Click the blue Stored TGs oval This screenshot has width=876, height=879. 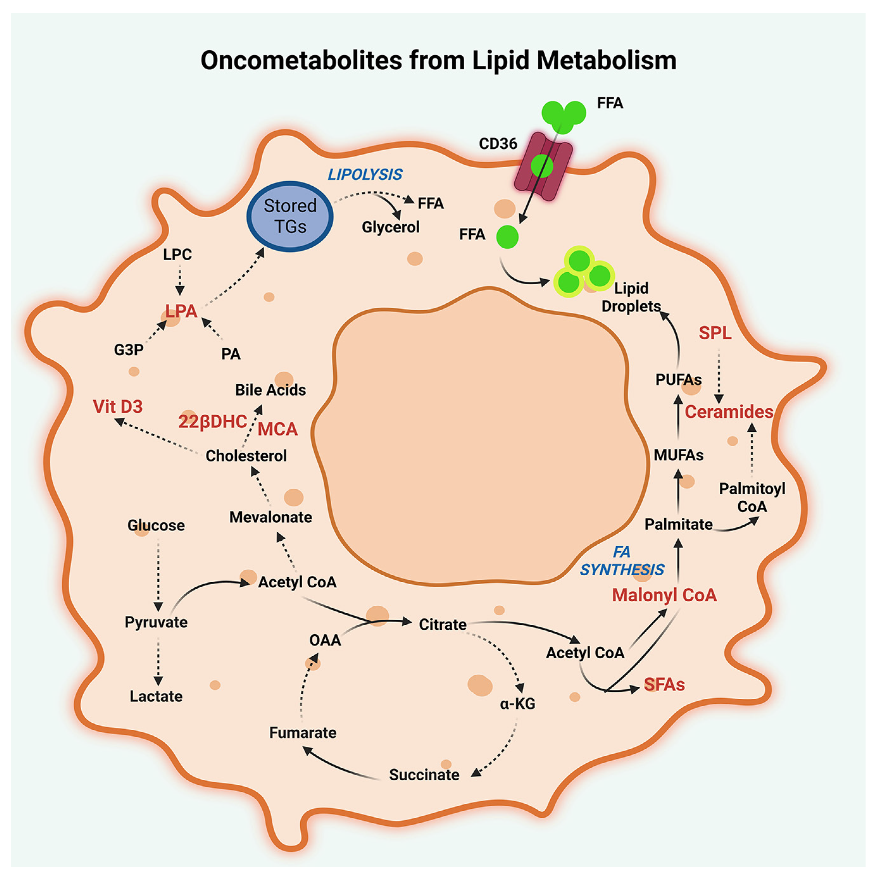point(290,216)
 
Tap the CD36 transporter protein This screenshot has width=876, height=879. point(543,166)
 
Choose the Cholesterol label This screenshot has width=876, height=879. point(246,455)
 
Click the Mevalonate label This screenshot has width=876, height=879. point(271,517)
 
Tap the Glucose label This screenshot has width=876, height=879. point(156,525)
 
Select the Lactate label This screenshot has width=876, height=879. point(156,696)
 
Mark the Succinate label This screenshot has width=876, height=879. point(424,775)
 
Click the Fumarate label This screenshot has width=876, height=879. point(303,733)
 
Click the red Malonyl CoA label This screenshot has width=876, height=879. point(664,595)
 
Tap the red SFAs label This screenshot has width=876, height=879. point(664,685)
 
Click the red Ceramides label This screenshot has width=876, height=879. point(729,412)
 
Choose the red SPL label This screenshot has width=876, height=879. point(715,333)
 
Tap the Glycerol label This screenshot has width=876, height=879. point(390,227)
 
